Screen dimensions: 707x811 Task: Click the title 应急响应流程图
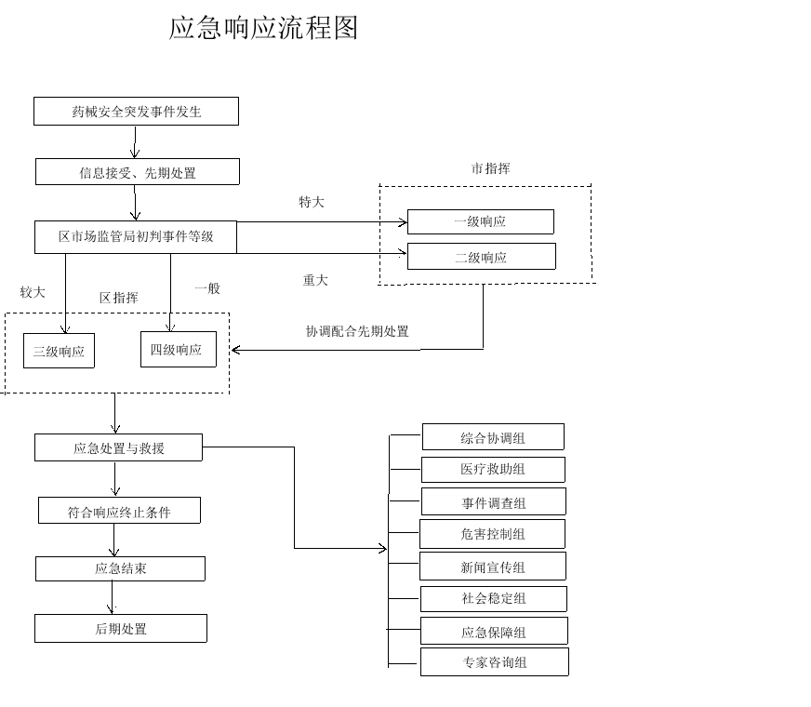pyautogui.click(x=263, y=29)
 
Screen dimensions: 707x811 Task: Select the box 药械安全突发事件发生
pyautogui.click(x=137, y=112)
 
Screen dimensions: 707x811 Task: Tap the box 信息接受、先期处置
pyautogui.click(x=138, y=172)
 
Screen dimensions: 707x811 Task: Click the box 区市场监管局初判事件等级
pyautogui.click(x=136, y=236)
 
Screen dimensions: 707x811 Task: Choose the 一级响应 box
pyautogui.click(x=480, y=221)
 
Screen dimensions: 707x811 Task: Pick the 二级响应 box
pyautogui.click(x=481, y=257)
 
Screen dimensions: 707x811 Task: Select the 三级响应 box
pyautogui.click(x=59, y=352)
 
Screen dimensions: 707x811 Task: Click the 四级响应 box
pyautogui.click(x=177, y=350)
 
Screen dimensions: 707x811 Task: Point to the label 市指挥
pyautogui.click(x=490, y=168)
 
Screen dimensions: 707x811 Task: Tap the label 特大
pyautogui.click(x=312, y=202)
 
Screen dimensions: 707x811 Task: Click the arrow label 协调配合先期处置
pyautogui.click(x=357, y=331)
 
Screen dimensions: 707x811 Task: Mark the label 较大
pyautogui.click(x=33, y=292)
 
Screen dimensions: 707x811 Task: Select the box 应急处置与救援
pyautogui.click(x=119, y=447)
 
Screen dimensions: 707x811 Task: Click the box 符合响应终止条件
pyautogui.click(x=119, y=511)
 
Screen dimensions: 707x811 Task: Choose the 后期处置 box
pyautogui.click(x=121, y=629)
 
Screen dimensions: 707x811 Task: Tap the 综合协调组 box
pyautogui.click(x=493, y=437)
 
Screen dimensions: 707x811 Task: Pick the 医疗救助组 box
pyautogui.click(x=493, y=469)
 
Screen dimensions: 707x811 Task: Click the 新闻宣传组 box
pyautogui.click(x=493, y=567)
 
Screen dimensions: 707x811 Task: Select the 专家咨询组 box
pyautogui.click(x=494, y=662)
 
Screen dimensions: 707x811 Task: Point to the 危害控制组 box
pyautogui.click(x=492, y=534)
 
